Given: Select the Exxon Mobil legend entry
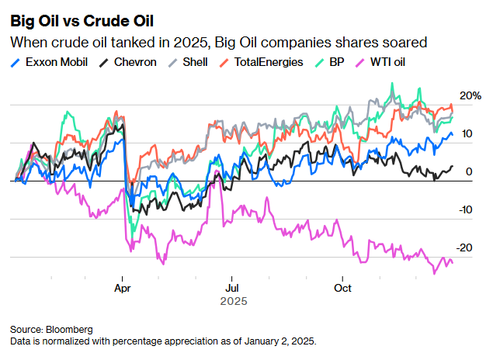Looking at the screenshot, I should coord(56,61).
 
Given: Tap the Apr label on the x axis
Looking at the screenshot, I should coord(121,288).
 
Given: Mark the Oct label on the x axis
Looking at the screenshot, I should coord(342,288).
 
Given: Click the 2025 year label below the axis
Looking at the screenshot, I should coord(234,300).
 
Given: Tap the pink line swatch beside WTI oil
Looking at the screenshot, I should coord(358,61).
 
